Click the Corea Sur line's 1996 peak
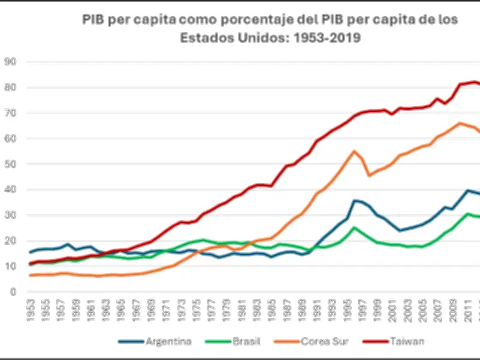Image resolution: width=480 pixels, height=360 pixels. [354, 151]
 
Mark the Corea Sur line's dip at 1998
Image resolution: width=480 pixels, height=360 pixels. [370, 175]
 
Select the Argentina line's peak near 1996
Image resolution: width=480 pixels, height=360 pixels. [355, 201]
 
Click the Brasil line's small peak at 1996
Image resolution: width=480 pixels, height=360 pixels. [354, 227]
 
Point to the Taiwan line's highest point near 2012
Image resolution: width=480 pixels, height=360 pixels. [475, 82]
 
